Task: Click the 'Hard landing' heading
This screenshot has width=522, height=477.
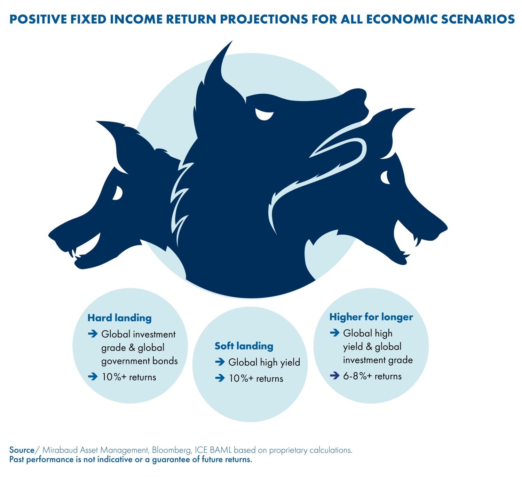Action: click(x=119, y=318)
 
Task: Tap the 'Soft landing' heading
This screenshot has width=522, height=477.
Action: click(x=244, y=346)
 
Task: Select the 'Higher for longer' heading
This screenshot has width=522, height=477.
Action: click(x=371, y=317)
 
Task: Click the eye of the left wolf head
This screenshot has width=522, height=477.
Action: click(x=118, y=193)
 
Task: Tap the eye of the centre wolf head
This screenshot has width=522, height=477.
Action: click(x=264, y=114)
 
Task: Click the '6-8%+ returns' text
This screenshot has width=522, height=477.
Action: click(x=372, y=376)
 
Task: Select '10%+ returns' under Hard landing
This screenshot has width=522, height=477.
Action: click(x=129, y=377)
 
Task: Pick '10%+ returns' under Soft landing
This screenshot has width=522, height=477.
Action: click(x=256, y=378)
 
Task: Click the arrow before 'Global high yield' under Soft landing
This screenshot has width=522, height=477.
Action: click(x=220, y=362)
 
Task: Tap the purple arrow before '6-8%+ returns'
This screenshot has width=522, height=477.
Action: click(x=335, y=375)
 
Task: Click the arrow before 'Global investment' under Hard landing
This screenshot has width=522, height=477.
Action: click(x=93, y=334)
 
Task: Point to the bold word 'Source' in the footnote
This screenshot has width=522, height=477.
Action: click(x=22, y=450)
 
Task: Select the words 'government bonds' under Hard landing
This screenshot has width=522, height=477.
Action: click(x=140, y=361)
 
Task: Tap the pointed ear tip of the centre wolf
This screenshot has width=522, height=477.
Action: click(x=232, y=41)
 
